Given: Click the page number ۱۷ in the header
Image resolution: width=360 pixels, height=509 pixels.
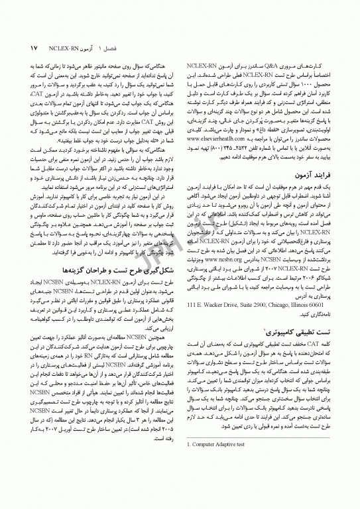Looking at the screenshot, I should pyautogui.click(x=34, y=50).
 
